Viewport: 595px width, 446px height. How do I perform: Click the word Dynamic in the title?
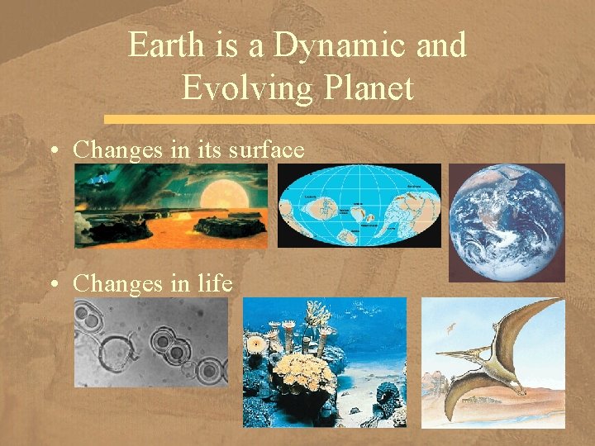tap(340, 45)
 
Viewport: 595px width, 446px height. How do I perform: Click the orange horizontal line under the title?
tap(347, 119)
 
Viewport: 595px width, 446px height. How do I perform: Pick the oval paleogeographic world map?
tap(359, 206)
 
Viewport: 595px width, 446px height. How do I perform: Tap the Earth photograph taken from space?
tap(507, 221)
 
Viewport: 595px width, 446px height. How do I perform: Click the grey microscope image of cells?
tap(151, 342)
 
